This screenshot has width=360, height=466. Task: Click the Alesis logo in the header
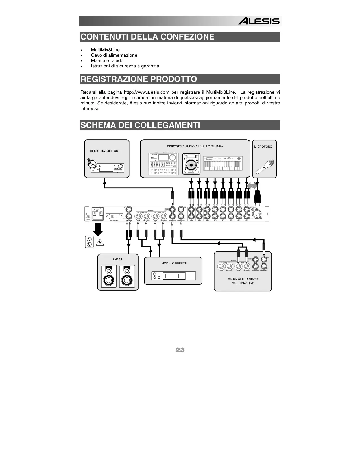pyautogui.click(x=259, y=21)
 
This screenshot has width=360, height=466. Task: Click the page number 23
pyautogui.click(x=180, y=350)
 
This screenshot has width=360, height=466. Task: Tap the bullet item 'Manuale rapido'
pyautogui.click(x=107, y=61)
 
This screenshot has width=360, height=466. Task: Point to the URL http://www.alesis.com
pyautogui.click(x=147, y=92)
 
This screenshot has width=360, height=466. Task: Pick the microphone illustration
pyautogui.click(x=265, y=167)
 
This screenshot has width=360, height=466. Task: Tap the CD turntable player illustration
pyautogui.click(x=191, y=164)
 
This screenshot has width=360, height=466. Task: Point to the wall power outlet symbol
pyautogui.click(x=89, y=242)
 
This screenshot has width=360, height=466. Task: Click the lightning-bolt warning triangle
pyautogui.click(x=100, y=242)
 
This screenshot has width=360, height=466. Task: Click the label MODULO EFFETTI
pyautogui.click(x=174, y=264)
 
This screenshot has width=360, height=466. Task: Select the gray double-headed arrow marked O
pyautogui.click(x=252, y=186)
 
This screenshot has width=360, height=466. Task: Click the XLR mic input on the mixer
pyautogui.click(x=257, y=214)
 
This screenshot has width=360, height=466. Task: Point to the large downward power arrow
pyautogui.click(x=98, y=229)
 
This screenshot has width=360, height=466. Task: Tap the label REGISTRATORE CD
pyautogui.click(x=104, y=151)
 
